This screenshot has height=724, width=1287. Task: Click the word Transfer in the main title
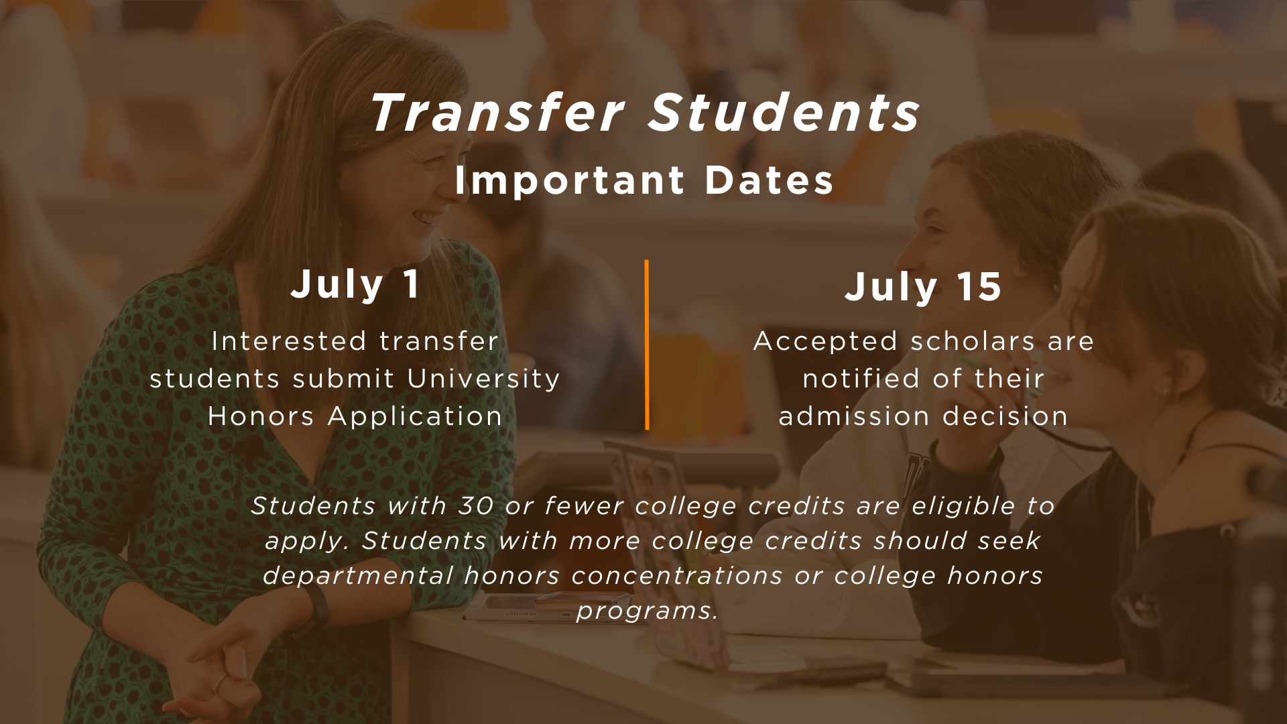pos(497,113)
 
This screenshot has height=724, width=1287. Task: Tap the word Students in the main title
pos(784,113)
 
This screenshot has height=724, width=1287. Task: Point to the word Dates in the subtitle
pos(769,180)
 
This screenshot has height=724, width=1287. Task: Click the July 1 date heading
pos(355,284)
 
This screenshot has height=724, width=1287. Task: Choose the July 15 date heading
pos(923,287)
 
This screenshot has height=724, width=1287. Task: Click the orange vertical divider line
pos(647,345)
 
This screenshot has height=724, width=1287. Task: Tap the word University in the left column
pos(483,379)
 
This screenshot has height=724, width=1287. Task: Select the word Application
pos(415,417)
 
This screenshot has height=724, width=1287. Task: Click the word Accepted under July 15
pos(825,341)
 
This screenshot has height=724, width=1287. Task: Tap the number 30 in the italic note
pos(476,505)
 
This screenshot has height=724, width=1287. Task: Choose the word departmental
pos(358,575)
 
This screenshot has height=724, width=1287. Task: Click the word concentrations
pos(677,575)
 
